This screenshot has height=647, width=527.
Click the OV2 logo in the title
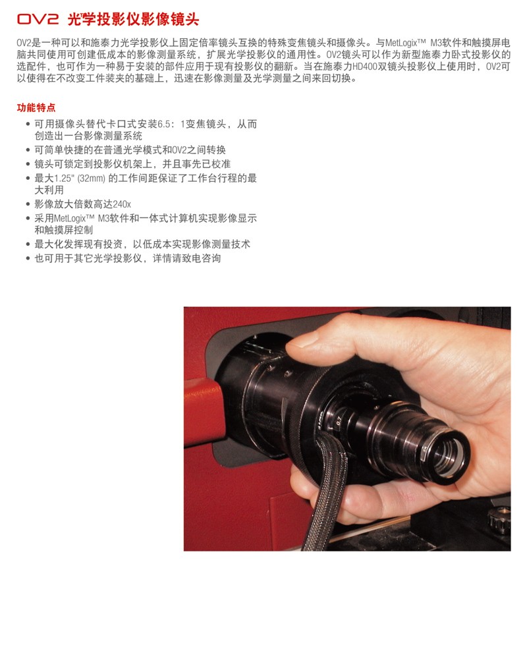click(x=38, y=19)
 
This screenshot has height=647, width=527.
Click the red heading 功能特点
click(x=36, y=107)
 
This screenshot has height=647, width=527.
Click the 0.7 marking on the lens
click(x=339, y=421)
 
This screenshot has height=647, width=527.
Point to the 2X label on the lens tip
click(x=425, y=453)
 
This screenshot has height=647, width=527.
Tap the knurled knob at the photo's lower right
click(x=499, y=520)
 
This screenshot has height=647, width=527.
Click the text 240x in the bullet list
click(x=122, y=204)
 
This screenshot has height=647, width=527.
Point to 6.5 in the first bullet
click(x=163, y=125)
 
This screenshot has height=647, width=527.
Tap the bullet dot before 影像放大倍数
click(x=28, y=205)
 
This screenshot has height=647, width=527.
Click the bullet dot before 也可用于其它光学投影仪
click(x=28, y=259)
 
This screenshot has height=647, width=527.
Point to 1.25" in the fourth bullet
click(x=64, y=179)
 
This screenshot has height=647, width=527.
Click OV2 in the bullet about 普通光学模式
click(x=179, y=150)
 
